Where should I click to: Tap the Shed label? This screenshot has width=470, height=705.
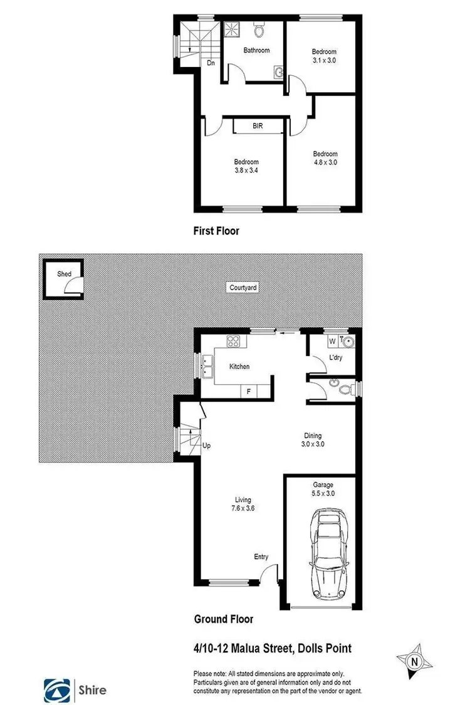click(64, 274)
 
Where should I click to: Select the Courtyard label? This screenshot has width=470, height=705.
click(243, 288)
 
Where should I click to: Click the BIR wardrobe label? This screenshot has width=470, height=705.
click(258, 126)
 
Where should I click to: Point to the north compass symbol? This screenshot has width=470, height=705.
click(414, 661)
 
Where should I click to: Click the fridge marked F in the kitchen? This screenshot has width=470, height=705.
click(249, 391)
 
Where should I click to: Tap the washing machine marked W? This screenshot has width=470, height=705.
click(333, 342)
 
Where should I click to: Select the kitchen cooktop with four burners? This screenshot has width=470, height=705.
click(234, 342)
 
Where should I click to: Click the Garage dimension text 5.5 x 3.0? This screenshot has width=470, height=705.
click(324, 494)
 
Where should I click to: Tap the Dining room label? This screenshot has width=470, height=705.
click(313, 436)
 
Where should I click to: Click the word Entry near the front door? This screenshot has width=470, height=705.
click(261, 556)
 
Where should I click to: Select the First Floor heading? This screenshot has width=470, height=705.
click(216, 231)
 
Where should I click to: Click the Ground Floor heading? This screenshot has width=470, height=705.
click(224, 619)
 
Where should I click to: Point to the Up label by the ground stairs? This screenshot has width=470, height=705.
click(206, 446)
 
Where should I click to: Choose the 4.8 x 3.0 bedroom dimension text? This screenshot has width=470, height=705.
click(325, 162)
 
